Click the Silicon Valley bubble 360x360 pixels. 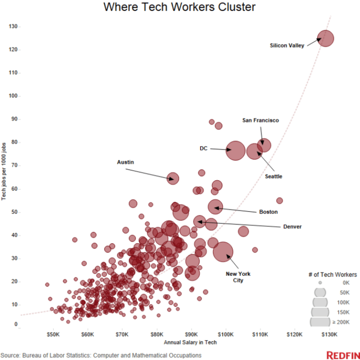point(325,38)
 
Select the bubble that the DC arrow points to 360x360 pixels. point(236,150)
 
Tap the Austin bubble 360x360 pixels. point(173,178)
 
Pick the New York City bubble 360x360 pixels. point(223,251)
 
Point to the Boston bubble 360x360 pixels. point(216,206)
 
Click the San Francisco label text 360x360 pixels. point(260,120)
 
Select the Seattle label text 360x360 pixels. point(274,176)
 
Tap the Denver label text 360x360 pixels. point(292,226)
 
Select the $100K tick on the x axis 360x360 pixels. point(226,334)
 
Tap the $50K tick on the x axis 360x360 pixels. point(53,334)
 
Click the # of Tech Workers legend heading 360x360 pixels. point(332,274)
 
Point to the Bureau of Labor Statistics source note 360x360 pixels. point(101,355)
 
